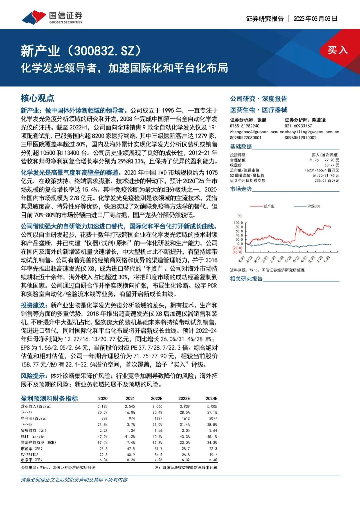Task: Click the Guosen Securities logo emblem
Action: point(34,17)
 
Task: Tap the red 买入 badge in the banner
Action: point(337,50)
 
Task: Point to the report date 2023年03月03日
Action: point(315,19)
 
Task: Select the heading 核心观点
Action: point(37,98)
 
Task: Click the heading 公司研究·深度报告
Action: point(258,99)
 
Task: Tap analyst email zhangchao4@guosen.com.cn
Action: point(254,132)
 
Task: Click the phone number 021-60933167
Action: point(298,126)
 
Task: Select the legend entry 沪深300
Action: point(313,206)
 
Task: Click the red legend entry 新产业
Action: point(269,206)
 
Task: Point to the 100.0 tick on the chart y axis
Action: point(238,223)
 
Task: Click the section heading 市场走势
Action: point(241,189)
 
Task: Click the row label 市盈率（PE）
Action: point(31,449)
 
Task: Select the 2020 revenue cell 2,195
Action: point(102,407)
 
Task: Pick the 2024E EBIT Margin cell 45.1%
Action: point(212,437)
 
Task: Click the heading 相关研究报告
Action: point(246,279)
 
